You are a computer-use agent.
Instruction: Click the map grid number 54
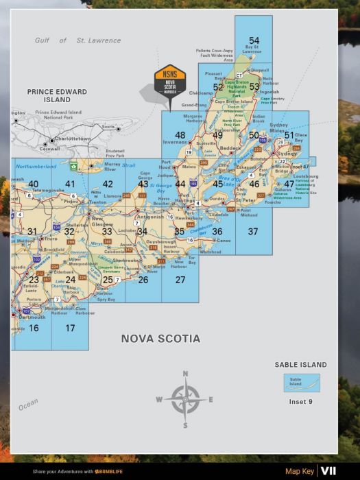coord(254,41)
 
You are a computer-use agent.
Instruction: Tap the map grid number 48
coord(180,135)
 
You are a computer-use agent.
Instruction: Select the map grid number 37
coord(253,232)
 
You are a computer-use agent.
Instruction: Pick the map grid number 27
coord(180,280)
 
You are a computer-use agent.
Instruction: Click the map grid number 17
coord(70,328)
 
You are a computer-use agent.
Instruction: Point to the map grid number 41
coord(70,184)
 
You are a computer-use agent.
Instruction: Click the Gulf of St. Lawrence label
coord(78,40)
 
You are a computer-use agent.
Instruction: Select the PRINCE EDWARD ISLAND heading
coord(57,95)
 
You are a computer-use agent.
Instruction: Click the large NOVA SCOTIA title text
coord(160,339)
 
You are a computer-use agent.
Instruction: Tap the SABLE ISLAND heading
coord(300,365)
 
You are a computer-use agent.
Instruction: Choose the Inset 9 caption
coord(300,402)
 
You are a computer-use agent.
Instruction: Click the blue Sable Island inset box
coord(300,382)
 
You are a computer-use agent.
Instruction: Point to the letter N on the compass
coord(185,374)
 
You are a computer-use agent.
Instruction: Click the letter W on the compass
coord(159,400)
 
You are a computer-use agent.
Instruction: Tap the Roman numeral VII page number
coord(328,471)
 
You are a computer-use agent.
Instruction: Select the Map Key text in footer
coord(300,472)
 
